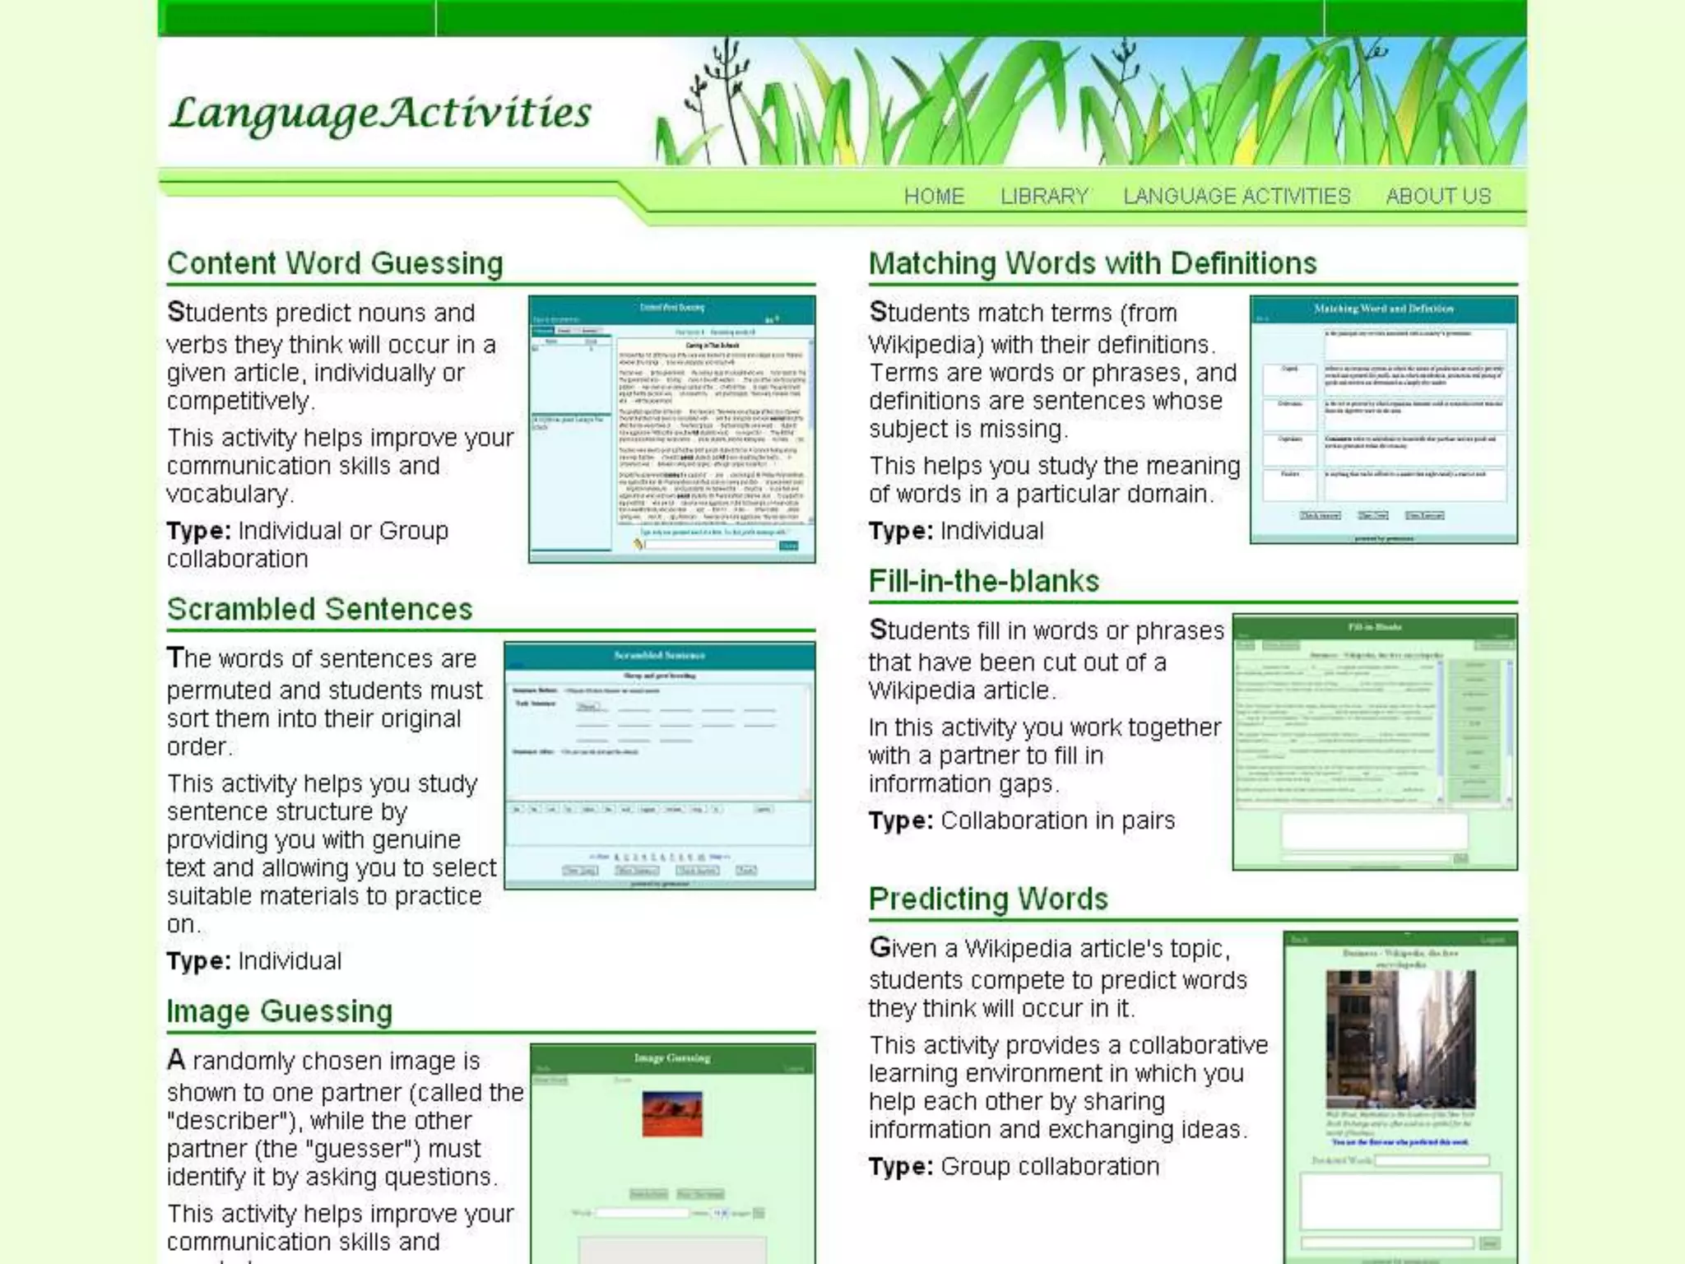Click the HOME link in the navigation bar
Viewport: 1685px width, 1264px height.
pyautogui.click(x=933, y=196)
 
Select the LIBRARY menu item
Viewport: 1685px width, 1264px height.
pyautogui.click(x=1044, y=196)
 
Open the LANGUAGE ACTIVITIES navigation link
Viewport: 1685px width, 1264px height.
pyautogui.click(x=1237, y=196)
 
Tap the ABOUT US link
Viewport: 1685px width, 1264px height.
pyautogui.click(x=1438, y=196)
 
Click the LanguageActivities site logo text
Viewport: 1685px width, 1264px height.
pyautogui.click(x=380, y=113)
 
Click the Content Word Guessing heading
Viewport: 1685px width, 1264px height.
pyautogui.click(x=335, y=263)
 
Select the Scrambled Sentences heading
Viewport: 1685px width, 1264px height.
pyautogui.click(x=319, y=609)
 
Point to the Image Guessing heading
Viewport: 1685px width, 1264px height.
pyautogui.click(x=279, y=1011)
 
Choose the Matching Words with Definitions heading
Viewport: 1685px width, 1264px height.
pyautogui.click(x=1093, y=263)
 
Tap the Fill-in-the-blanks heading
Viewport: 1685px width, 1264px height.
pyautogui.click(x=983, y=581)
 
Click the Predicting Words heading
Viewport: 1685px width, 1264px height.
pyautogui.click(x=988, y=899)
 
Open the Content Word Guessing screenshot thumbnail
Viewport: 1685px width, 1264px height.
pyautogui.click(x=671, y=429)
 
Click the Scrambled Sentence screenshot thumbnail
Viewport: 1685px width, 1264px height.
pyautogui.click(x=659, y=765)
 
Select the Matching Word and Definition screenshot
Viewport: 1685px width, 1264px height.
pyautogui.click(x=1383, y=420)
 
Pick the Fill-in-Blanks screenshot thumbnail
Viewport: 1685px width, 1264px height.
pyautogui.click(x=1374, y=741)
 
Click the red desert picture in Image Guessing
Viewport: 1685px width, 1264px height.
pyautogui.click(x=672, y=1113)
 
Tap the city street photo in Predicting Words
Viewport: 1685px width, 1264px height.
pyautogui.click(x=1400, y=1039)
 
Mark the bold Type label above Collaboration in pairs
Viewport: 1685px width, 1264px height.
pyautogui.click(x=900, y=820)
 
